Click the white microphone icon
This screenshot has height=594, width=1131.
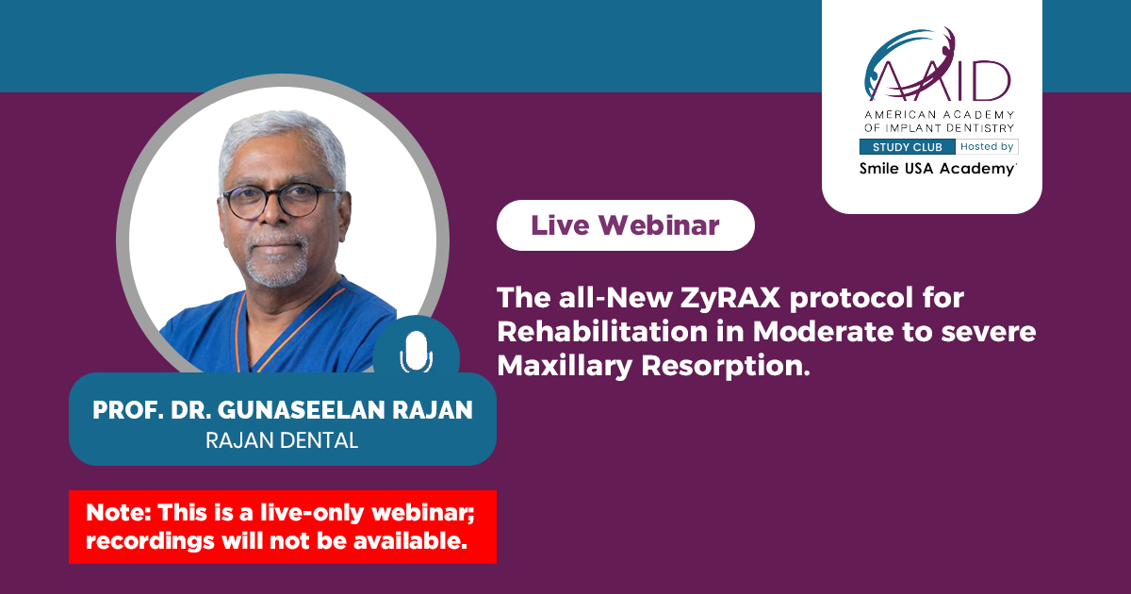point(416,352)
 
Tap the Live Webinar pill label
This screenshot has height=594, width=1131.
point(626,225)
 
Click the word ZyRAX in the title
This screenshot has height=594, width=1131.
point(729,298)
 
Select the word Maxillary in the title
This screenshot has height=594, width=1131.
point(565,366)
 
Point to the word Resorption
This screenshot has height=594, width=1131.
point(726,367)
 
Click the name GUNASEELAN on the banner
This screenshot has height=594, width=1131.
point(301,410)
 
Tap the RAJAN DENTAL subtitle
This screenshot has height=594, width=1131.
point(282,440)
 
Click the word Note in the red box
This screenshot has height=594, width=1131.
point(119,513)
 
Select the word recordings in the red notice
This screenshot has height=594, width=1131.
point(150,542)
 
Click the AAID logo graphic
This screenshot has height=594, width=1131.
point(938,65)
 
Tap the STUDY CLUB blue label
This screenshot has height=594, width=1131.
point(908,147)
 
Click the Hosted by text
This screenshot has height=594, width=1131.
point(987,146)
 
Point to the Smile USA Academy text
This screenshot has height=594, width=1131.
point(938,169)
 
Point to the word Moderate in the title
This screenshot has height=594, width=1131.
point(823,332)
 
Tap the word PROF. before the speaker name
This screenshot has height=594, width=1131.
point(128,410)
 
